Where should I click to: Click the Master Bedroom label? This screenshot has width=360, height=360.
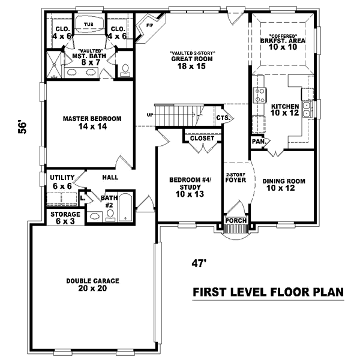(x=92, y=123)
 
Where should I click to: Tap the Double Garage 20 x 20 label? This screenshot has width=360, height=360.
(x=93, y=284)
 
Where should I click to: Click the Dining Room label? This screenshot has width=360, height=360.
(x=284, y=184)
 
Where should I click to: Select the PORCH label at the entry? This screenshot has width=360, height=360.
(x=236, y=221)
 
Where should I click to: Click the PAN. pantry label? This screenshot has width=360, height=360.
(x=257, y=142)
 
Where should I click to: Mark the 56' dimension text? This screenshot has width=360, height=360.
(x=23, y=127)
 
